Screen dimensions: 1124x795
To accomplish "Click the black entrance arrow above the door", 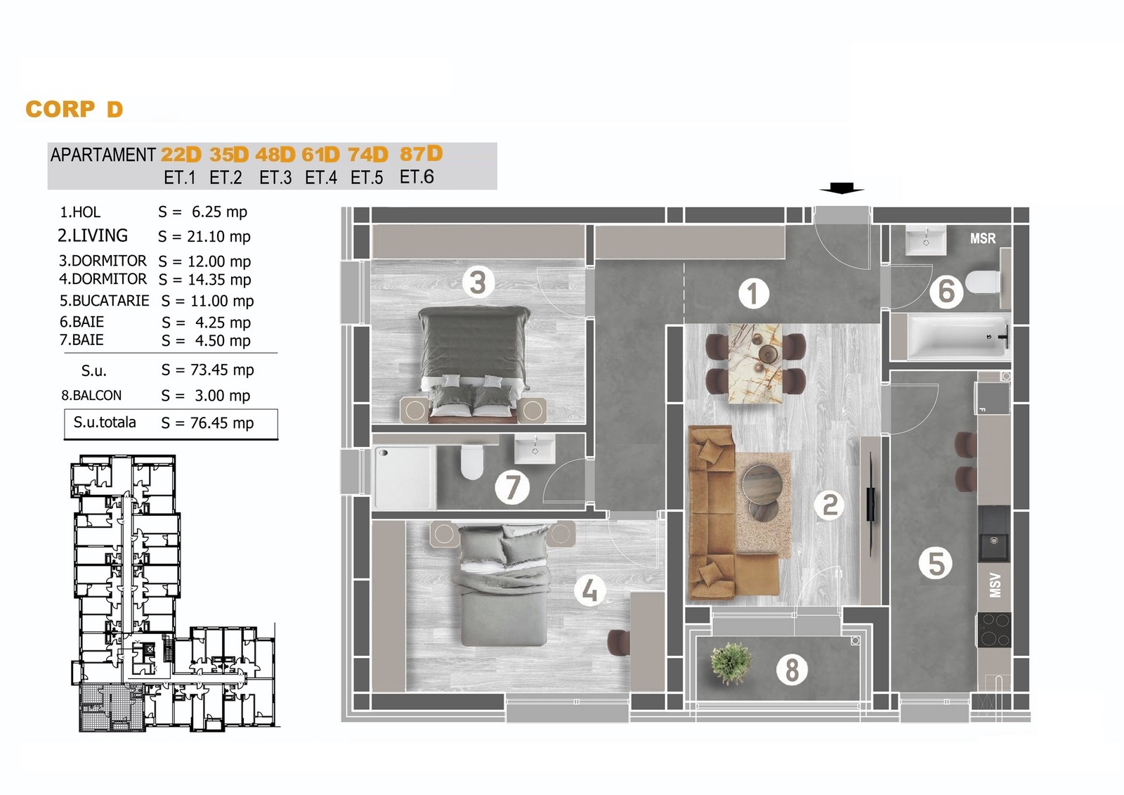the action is click(x=842, y=188).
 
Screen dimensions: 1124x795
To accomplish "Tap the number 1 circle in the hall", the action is click(x=753, y=293).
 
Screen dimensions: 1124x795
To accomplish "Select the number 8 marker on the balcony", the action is click(x=792, y=669).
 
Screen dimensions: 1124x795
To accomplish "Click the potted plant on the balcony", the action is click(x=731, y=663).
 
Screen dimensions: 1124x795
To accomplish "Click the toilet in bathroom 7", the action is click(x=471, y=463).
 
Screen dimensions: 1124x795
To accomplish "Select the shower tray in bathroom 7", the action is click(x=405, y=478).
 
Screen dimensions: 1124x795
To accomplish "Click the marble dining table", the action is click(x=755, y=363).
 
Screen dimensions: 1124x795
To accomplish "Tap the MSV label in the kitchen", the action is click(x=995, y=586).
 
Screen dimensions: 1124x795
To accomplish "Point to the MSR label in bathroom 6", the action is click(x=983, y=238).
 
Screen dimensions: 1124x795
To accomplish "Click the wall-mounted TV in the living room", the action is click(x=872, y=504).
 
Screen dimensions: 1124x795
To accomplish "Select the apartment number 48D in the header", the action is click(x=275, y=155).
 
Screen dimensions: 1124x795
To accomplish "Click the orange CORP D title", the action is click(x=74, y=109).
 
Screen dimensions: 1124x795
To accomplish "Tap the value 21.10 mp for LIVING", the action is click(x=218, y=237).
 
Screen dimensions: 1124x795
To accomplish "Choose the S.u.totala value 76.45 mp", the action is click(x=222, y=423).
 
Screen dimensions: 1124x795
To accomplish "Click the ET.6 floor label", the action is click(x=417, y=176).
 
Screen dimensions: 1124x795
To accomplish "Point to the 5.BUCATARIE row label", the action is click(x=105, y=300).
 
